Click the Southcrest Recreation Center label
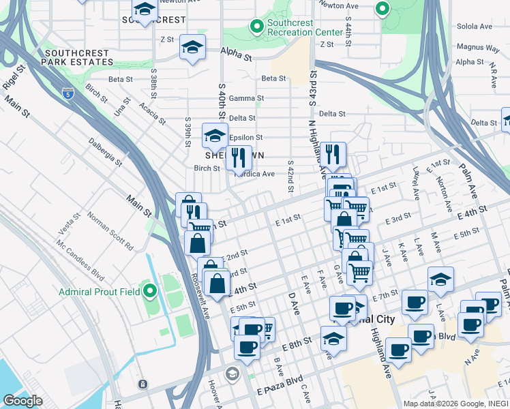point(305,27)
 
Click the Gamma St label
point(246,99)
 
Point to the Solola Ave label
point(475,27)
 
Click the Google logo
point(22,401)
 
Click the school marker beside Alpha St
point(192,48)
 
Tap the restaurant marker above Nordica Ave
point(239,157)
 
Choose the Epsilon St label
point(245,137)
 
